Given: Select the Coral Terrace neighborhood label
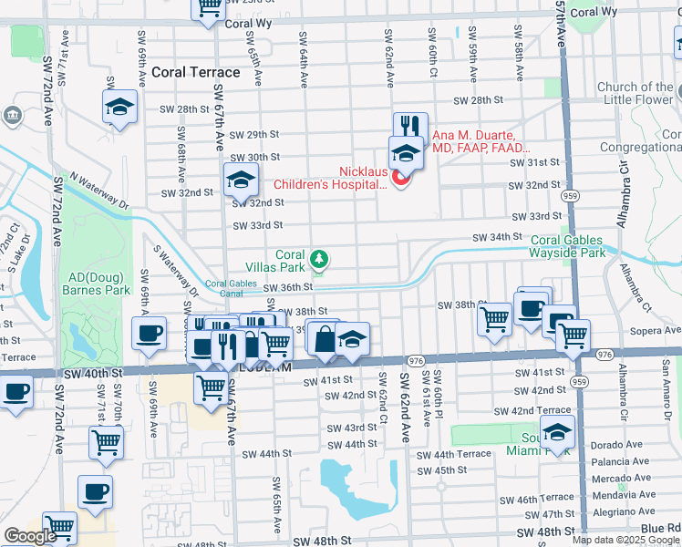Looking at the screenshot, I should [x=196, y=72].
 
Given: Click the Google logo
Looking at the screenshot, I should [x=30, y=536].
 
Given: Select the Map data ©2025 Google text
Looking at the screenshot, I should [x=625, y=540].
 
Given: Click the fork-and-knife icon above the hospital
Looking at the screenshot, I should [x=410, y=126].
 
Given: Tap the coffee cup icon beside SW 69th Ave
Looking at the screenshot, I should [x=149, y=333].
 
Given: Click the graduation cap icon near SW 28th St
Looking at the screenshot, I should [x=119, y=107].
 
